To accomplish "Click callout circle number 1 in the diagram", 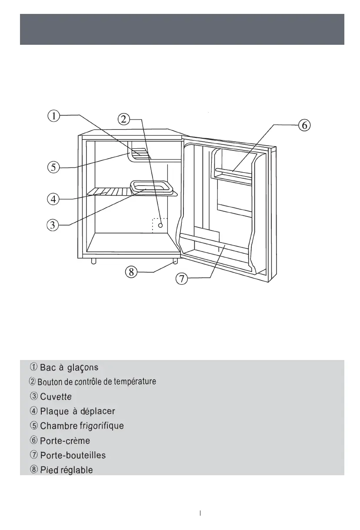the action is tap(53, 116).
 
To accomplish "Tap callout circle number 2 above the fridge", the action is tap(124, 119).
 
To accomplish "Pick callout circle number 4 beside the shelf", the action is tap(53, 199).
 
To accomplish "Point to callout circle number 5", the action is tap(53, 167).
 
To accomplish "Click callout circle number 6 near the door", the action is tap(304, 125).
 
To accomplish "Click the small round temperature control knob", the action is tap(160, 225).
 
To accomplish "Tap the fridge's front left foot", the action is tap(93, 261).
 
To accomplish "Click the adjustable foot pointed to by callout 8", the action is tap(175, 261).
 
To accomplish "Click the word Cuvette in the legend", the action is tap(56, 397).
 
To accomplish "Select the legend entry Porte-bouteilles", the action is tap(73, 456).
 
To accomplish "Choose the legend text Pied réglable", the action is tap(66, 470).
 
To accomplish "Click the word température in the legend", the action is tap(135, 382).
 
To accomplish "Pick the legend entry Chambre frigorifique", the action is tap(82, 426).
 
